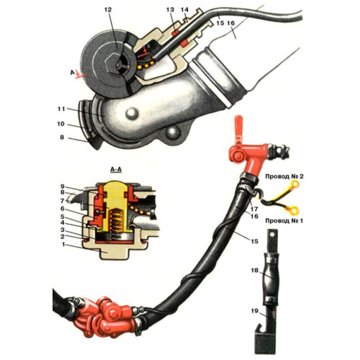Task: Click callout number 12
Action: click(108, 10)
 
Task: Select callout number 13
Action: click(171, 10)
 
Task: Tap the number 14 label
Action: click(185, 10)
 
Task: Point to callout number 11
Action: click(61, 109)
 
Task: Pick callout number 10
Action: click(60, 124)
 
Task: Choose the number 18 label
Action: click(255, 271)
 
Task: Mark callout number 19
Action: click(255, 311)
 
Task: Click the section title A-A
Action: click(116, 170)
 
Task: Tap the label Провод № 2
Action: click(284, 176)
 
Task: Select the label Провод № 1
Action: click(284, 220)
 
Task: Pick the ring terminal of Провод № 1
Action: click(294, 210)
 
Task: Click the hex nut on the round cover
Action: click(110, 63)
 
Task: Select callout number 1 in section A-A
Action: click(63, 244)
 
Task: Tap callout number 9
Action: click(63, 186)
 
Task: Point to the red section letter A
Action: click(72, 72)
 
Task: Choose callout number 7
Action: click(63, 200)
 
